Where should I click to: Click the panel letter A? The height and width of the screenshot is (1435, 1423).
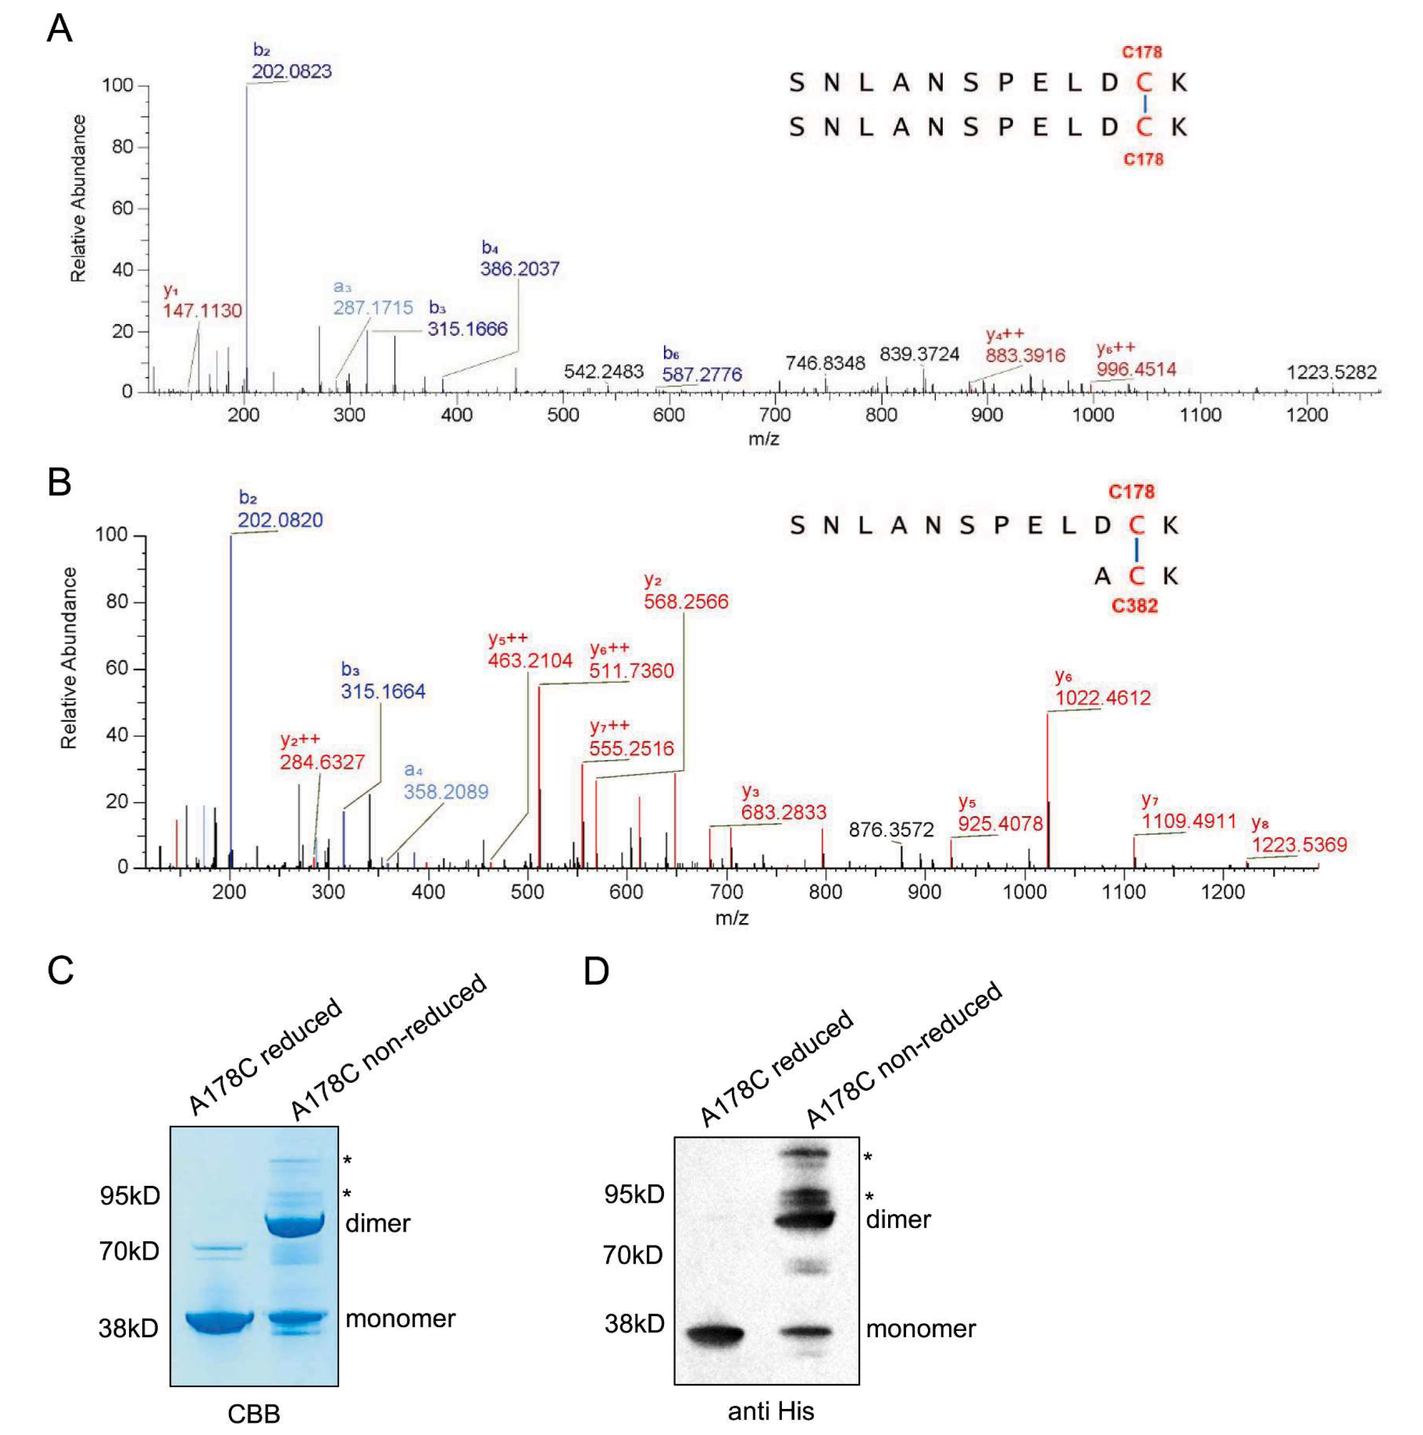click(59, 30)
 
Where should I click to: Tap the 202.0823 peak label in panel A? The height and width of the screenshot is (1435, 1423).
click(291, 71)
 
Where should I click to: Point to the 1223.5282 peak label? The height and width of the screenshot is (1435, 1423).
click(1331, 372)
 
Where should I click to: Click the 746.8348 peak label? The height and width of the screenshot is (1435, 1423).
click(825, 363)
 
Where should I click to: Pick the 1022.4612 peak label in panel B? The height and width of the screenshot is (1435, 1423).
click(1103, 697)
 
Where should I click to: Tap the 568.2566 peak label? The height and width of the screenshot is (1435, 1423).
click(686, 601)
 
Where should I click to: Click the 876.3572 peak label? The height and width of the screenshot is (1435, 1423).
click(891, 830)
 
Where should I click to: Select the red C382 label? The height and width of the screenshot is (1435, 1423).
click(1134, 606)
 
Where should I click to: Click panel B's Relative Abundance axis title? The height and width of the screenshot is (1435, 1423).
click(69, 657)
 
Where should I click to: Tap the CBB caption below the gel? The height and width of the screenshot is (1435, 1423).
click(253, 1413)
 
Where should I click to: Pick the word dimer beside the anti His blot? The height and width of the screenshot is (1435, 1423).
click(898, 1219)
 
